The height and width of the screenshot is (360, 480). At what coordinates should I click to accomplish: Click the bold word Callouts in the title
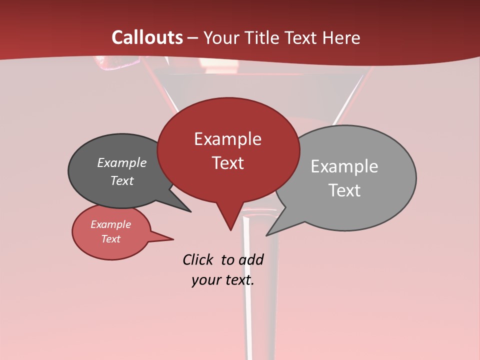pyautogui.click(x=147, y=37)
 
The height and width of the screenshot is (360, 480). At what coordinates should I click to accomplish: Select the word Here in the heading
pyautogui.click(x=340, y=37)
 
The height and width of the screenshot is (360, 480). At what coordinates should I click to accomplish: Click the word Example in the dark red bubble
pyautogui.click(x=227, y=139)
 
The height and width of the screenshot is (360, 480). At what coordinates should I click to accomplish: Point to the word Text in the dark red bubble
pyautogui.click(x=227, y=163)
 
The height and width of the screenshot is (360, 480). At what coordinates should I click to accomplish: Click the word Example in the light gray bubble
pyautogui.click(x=344, y=166)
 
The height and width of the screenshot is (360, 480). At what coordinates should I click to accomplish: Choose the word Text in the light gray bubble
pyautogui.click(x=344, y=190)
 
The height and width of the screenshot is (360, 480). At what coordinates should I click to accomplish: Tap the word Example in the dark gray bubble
pyautogui.click(x=122, y=162)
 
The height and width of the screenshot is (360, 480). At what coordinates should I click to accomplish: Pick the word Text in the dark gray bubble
pyautogui.click(x=122, y=180)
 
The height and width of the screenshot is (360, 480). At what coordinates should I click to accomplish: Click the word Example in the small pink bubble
pyautogui.click(x=111, y=224)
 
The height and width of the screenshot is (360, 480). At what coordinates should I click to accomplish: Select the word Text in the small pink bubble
pyautogui.click(x=111, y=239)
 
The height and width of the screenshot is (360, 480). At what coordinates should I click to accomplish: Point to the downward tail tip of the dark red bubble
pyautogui.click(x=230, y=230)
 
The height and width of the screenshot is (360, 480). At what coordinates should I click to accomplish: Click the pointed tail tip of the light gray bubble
pyautogui.click(x=266, y=235)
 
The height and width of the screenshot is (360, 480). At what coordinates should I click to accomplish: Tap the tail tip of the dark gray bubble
pyautogui.click(x=190, y=211)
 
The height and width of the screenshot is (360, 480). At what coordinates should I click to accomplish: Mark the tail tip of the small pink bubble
pyautogui.click(x=173, y=239)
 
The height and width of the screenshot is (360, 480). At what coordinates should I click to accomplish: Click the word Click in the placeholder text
pyautogui.click(x=197, y=259)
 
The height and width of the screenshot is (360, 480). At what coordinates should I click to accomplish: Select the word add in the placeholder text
pyautogui.click(x=251, y=259)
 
